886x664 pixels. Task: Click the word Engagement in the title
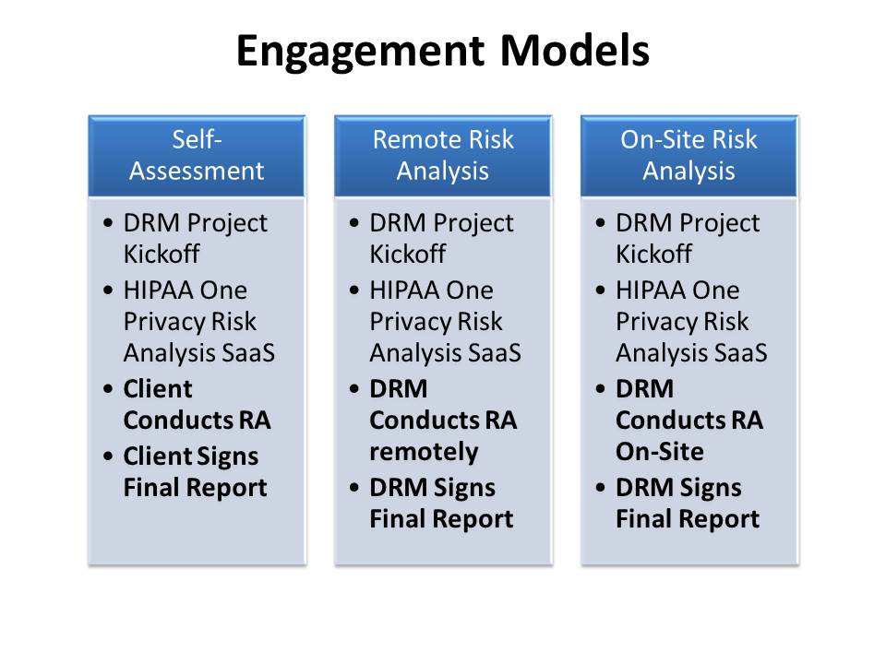pos(361,52)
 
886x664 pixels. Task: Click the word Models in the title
pos(575,50)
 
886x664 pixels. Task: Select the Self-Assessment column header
pos(197,156)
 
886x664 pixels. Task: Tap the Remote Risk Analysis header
pos(443,156)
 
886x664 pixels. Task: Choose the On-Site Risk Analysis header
pos(689,156)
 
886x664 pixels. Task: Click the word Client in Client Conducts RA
pos(158,389)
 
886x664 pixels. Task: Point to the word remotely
pos(424,452)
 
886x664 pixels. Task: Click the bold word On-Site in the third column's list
pos(660,451)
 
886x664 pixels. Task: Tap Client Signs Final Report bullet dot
pos(109,456)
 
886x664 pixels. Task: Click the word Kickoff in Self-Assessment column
pos(162,255)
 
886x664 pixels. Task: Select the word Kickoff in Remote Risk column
pos(407,255)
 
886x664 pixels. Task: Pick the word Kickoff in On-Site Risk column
pos(653,255)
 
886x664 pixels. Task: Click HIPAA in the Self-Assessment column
pos(158,290)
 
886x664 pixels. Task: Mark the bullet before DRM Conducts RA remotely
pos(354,389)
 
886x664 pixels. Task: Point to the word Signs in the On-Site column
pos(711,488)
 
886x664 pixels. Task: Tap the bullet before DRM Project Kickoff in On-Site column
pos(601,222)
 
